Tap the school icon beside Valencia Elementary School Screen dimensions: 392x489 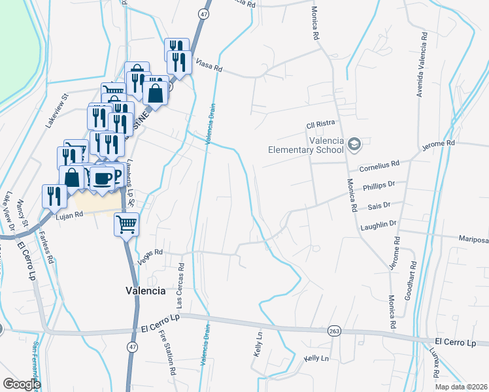click(354, 144)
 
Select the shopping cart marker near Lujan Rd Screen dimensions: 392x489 click(126, 224)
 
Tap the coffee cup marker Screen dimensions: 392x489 click(101, 178)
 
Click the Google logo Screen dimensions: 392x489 click(22, 384)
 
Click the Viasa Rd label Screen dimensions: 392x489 click(210, 67)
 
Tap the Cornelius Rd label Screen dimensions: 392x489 click(379, 166)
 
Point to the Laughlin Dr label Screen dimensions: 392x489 click(379, 224)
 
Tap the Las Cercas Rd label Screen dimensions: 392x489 click(180, 286)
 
